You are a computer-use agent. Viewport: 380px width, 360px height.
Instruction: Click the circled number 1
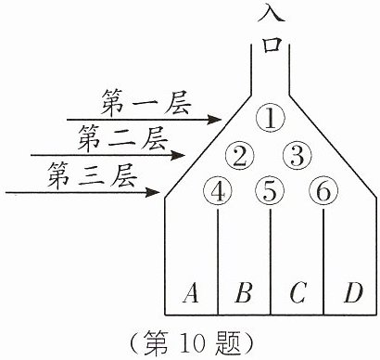coord(271,118)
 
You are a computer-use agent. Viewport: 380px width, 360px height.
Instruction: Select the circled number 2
coord(240,156)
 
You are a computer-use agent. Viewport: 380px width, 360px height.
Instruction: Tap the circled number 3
coord(298,156)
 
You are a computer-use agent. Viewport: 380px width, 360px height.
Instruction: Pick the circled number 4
coord(218,192)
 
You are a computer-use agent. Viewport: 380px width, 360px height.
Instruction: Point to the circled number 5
coord(270,192)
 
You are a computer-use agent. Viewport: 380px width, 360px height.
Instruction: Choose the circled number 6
coord(323,192)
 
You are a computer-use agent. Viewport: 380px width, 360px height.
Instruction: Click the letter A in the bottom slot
coord(191,292)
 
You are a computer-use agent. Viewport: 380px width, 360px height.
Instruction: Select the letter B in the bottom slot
coord(244,292)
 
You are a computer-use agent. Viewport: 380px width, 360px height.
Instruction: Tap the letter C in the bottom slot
coord(298,292)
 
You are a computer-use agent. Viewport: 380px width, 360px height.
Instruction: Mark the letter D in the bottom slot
coord(353,292)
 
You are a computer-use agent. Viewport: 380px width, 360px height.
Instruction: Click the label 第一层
coord(146,102)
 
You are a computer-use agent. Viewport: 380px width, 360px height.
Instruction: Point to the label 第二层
coord(122,138)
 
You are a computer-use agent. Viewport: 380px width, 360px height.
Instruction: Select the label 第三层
coord(92,176)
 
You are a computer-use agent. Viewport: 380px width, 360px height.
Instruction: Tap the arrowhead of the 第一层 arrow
coord(215,120)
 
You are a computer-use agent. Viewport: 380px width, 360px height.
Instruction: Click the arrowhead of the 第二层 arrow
coord(178,155)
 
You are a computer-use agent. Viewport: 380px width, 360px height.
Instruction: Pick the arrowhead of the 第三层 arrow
coord(153,192)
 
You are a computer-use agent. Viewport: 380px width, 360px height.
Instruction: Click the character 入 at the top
coord(271,12)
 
